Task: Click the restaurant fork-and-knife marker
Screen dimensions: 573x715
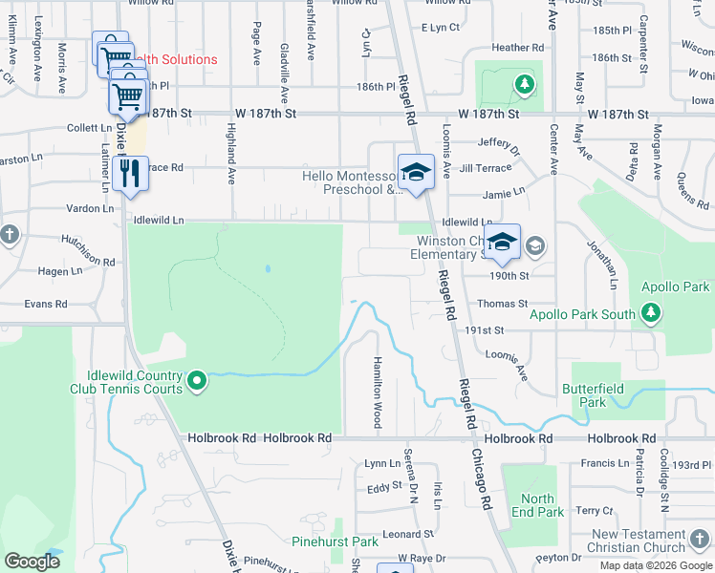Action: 129,174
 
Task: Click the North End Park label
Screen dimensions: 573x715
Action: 537,505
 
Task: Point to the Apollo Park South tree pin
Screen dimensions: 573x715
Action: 650,313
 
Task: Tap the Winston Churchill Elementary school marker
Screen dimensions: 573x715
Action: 502,244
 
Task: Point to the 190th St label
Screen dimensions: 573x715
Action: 510,276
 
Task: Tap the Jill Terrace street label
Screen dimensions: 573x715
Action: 479,167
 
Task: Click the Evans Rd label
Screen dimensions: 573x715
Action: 46,304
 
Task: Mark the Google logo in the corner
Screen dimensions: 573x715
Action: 32,562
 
